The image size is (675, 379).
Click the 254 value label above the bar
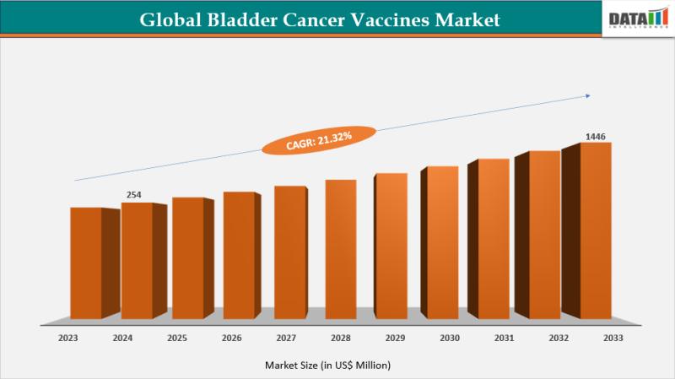133,195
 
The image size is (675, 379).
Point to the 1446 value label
596,136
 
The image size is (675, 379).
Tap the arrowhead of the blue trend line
588,95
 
